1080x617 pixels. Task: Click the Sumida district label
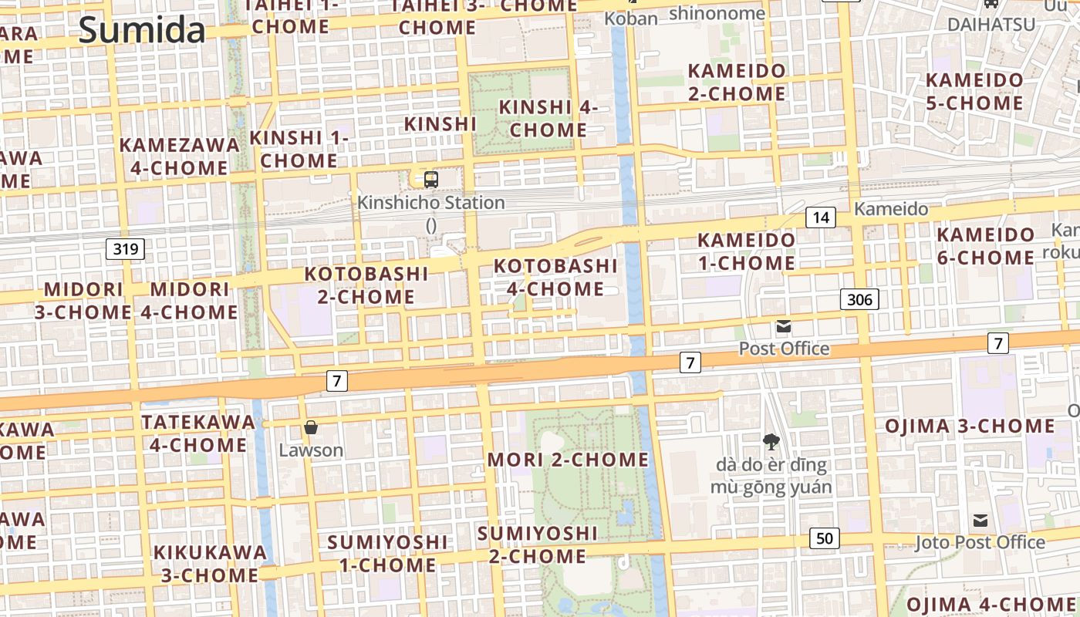tap(142, 31)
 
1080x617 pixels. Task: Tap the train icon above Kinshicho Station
tap(431, 180)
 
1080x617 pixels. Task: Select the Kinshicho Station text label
tap(431, 203)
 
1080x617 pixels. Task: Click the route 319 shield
tap(125, 248)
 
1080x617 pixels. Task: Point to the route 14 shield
tap(821, 217)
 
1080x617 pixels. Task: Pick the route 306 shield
tap(859, 299)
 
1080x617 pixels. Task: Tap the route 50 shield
tap(825, 538)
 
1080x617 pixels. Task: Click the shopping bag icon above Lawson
tap(311, 427)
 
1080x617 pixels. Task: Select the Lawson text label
tap(311, 450)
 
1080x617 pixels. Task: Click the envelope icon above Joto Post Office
tap(980, 521)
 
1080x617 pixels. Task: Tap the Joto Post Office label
tap(980, 542)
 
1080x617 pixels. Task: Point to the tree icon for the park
tap(770, 442)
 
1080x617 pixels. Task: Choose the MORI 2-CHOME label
tap(568, 460)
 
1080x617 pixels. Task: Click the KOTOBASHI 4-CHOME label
tap(555, 278)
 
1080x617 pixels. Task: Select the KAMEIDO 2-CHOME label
tap(737, 83)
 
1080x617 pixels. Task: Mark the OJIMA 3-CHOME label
tap(970, 427)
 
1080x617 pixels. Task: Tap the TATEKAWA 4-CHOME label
tap(198, 433)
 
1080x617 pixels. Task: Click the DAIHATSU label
tap(991, 24)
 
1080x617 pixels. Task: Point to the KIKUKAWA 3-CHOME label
tap(210, 564)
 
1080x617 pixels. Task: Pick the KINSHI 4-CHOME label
tap(548, 119)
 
